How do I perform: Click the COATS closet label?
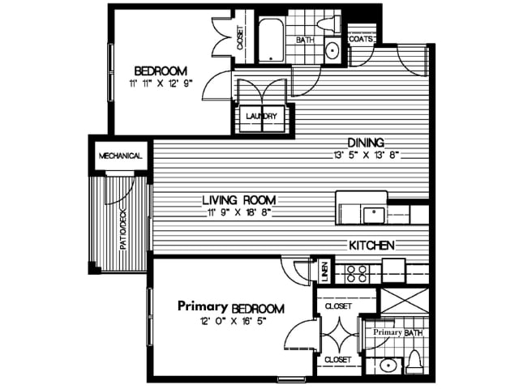pos(361,40)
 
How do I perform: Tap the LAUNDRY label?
pos(261,117)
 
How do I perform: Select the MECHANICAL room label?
pos(121,156)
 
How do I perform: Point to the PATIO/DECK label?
pos(123,229)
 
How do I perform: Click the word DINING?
pos(366,143)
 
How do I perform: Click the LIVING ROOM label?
pos(239,200)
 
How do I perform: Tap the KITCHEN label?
pos(371,246)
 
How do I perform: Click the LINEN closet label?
pos(324,272)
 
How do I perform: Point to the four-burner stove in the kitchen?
pos(357,274)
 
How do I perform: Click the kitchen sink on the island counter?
pos(375,215)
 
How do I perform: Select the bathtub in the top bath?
pos(271,41)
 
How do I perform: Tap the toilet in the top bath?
pos(328,24)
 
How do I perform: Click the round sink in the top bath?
pos(332,50)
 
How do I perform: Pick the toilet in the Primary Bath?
pos(414,363)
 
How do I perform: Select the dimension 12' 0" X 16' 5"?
pos(234,321)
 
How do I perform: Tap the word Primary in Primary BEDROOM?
pos(203,306)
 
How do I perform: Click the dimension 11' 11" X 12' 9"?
pos(161,83)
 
